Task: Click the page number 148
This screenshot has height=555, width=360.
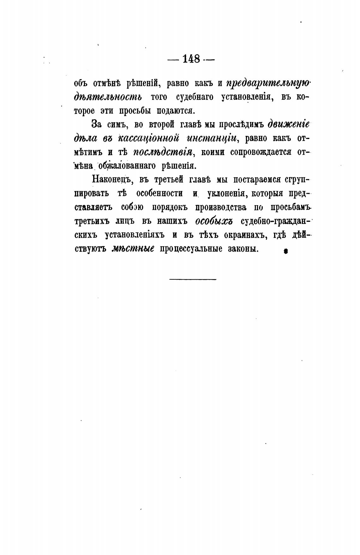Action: [191, 59]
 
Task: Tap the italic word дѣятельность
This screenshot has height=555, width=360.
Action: [108, 97]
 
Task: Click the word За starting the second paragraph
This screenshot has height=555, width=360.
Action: [97, 125]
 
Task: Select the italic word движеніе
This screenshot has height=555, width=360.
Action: [288, 124]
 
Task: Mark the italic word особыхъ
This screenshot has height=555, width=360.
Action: [214, 221]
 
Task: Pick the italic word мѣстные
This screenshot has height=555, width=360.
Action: [133, 249]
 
